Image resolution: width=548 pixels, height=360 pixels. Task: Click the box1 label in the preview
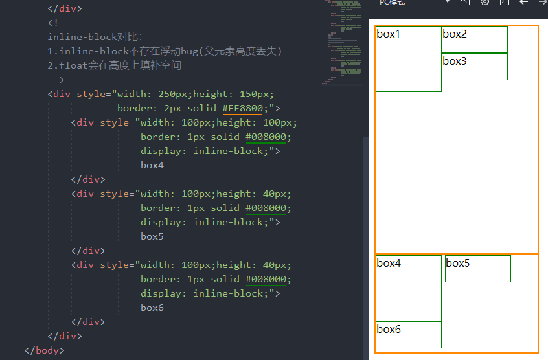(x=389, y=34)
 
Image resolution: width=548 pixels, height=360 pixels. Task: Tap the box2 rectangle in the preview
(x=474, y=39)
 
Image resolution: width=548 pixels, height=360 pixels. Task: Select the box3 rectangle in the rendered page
(x=474, y=67)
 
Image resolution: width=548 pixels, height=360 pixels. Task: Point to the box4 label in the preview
(x=389, y=263)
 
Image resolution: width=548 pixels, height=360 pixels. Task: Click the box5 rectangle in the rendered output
(x=477, y=269)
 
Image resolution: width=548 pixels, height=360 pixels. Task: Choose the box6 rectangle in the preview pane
(x=408, y=335)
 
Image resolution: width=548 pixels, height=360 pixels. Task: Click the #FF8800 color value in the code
(x=242, y=108)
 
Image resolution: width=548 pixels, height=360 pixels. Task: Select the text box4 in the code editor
(x=152, y=165)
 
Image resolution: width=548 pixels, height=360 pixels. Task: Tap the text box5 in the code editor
(x=152, y=236)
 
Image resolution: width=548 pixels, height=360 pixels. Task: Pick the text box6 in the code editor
(x=152, y=308)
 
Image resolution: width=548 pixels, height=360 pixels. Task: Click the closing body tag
(x=44, y=350)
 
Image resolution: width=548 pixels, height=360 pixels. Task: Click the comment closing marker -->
(x=56, y=80)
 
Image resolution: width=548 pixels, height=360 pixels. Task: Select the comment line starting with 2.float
(x=114, y=65)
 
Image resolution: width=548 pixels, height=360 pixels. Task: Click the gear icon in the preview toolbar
(x=485, y=3)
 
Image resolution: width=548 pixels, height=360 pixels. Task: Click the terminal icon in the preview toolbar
(x=505, y=3)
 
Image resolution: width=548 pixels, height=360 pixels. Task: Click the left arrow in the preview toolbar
(x=524, y=3)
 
